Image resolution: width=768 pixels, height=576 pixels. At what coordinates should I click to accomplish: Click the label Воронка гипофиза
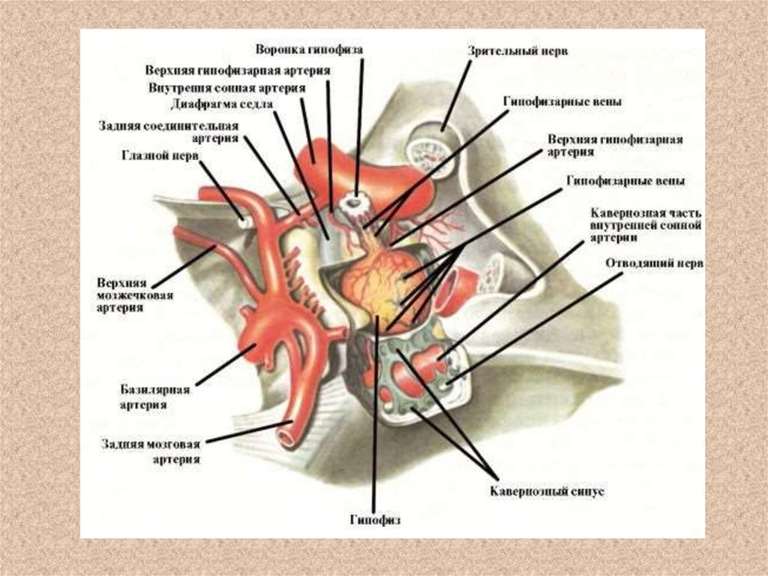click(309, 50)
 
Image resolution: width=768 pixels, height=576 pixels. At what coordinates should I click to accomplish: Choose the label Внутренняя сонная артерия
click(226, 88)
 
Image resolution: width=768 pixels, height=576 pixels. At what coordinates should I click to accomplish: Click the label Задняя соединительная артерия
click(168, 131)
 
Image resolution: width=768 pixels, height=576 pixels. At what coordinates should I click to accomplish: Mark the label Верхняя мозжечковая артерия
click(135, 295)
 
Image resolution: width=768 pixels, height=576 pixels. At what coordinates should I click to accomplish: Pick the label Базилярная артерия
click(155, 397)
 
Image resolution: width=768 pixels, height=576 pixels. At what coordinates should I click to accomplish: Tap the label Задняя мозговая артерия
click(151, 451)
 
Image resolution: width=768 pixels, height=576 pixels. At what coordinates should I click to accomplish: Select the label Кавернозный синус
click(547, 492)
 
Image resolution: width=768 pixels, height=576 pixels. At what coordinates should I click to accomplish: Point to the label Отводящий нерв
click(653, 264)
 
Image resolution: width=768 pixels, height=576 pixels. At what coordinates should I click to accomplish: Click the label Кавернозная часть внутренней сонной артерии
click(646, 225)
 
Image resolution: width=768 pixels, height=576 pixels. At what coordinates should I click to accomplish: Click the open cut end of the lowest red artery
click(286, 433)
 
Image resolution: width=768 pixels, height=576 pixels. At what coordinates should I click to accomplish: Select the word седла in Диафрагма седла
click(256, 104)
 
